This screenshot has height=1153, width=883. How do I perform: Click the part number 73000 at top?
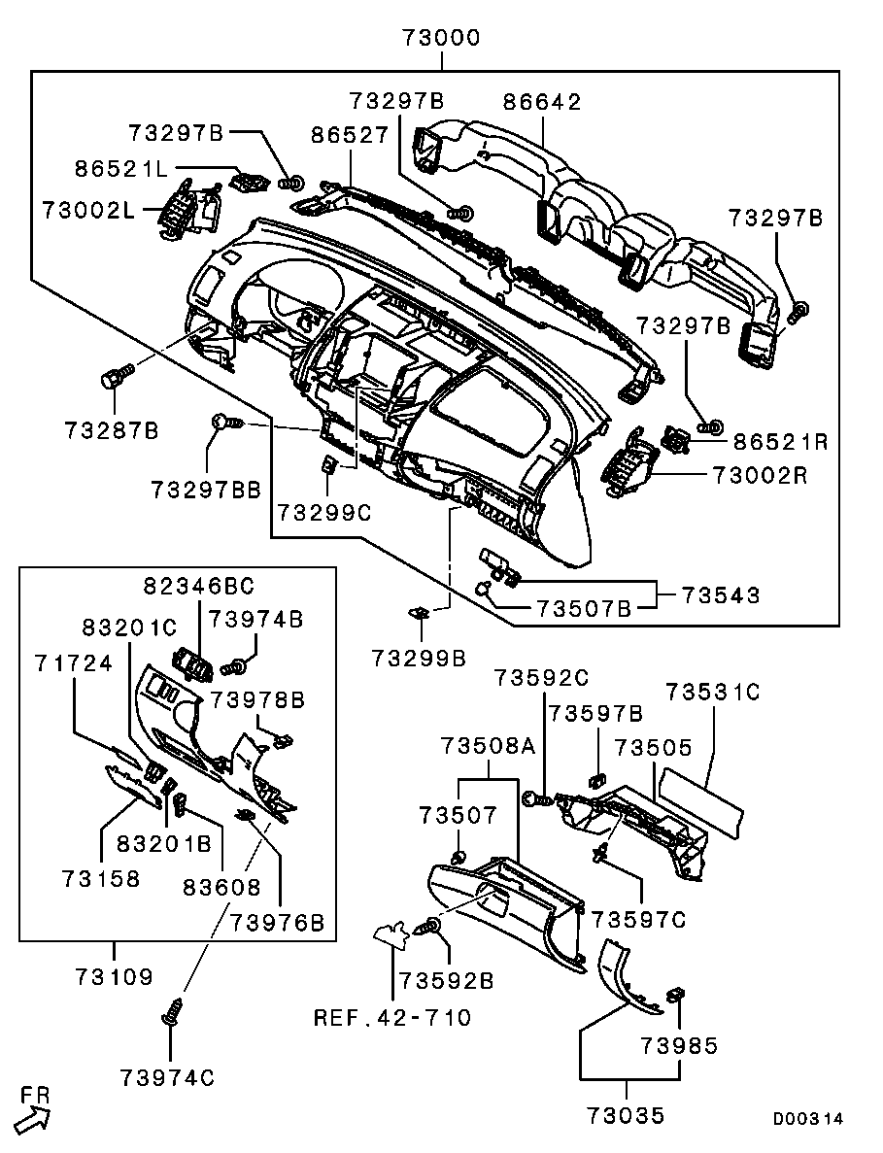442,39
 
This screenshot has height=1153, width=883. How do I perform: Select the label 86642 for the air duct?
542,102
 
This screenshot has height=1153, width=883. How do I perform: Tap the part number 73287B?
112,428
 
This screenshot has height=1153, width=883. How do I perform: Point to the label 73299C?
324,512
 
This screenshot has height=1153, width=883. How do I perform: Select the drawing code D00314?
808,1119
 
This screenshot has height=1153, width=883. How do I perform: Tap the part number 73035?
627,1115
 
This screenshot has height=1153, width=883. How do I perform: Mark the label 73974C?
168,1077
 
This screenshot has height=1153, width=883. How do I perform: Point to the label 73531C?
712,693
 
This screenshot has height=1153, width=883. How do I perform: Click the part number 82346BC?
198,586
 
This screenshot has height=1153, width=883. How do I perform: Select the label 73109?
114,975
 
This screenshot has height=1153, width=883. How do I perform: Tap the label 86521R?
780,442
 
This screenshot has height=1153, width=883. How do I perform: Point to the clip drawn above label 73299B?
421,613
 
